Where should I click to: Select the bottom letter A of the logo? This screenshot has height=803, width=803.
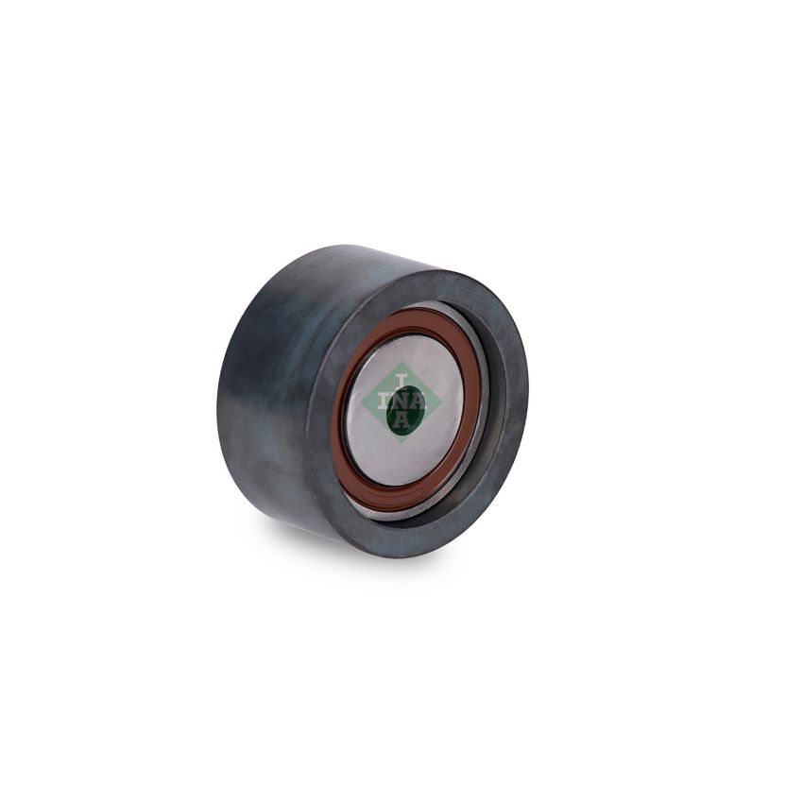pos(402,420)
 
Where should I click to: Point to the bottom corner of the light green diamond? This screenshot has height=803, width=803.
pos(403,441)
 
